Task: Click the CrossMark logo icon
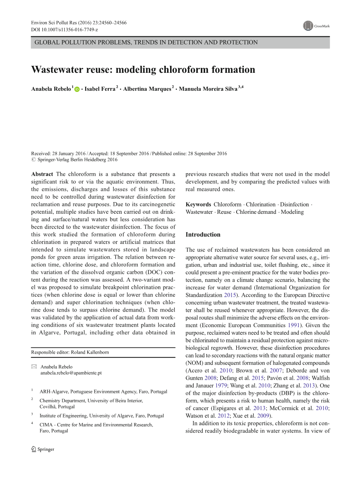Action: [308, 26]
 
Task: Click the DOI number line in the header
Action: [64, 30]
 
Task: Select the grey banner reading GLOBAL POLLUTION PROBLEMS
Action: [180, 42]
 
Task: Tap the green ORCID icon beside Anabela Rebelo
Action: [77, 90]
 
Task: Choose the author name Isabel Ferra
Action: [100, 89]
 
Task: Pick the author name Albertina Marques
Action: [147, 89]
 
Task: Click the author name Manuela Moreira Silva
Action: [208, 89]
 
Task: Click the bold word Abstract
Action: [42, 174]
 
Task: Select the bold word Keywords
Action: [198, 204]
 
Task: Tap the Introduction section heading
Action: [203, 234]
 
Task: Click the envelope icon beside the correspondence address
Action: [33, 367]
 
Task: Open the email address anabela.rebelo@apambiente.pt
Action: [71, 373]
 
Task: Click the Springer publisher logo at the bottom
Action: [43, 449]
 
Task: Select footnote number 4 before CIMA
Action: [32, 423]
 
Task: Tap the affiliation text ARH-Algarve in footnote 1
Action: [54, 392]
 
